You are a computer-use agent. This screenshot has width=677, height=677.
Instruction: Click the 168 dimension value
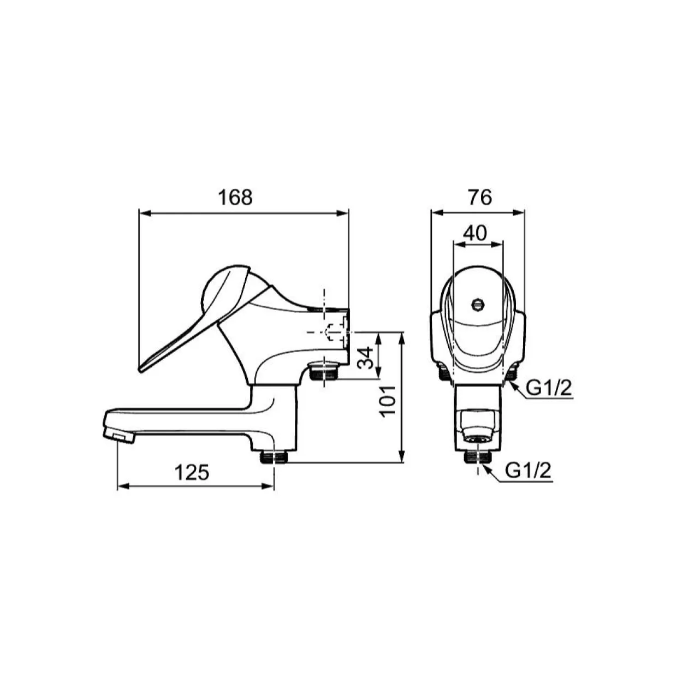pos(235,198)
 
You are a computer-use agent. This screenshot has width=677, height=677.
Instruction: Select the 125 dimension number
pos(192,472)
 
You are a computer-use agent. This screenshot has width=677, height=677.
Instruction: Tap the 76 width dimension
pos(480,198)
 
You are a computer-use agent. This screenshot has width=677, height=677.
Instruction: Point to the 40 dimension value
pos(475,233)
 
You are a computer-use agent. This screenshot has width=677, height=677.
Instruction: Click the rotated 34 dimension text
pos(365,358)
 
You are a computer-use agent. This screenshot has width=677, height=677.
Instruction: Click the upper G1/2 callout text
pos(549,389)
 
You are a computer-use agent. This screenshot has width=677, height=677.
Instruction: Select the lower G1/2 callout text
pos(528,471)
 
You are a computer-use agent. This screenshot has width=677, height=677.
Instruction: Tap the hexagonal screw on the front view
pos(477,304)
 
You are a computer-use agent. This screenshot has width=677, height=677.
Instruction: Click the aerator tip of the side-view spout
pos(120,437)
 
